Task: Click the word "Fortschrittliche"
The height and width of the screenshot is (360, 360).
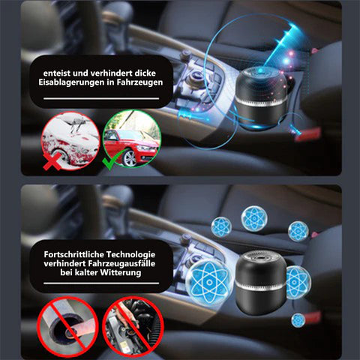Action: (x=73, y=254)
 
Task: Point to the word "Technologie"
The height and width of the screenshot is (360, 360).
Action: (x=131, y=255)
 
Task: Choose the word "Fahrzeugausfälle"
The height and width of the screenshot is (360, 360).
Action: (x=121, y=263)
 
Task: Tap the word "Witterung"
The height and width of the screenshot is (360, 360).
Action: (x=121, y=272)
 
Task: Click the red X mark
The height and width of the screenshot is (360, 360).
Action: (x=52, y=161)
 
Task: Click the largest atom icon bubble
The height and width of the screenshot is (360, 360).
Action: (x=209, y=283)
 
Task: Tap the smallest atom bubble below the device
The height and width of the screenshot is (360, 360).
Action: (x=298, y=320)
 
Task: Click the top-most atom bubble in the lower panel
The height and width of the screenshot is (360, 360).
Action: (x=254, y=218)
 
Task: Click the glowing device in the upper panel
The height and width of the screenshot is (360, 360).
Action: (x=262, y=98)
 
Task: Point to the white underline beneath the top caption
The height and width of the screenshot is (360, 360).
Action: (x=101, y=99)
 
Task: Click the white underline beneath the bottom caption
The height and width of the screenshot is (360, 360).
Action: (x=101, y=283)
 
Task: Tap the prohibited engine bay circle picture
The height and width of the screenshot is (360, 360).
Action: (x=133, y=326)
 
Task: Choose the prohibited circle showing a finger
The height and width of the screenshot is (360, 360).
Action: (x=67, y=326)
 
